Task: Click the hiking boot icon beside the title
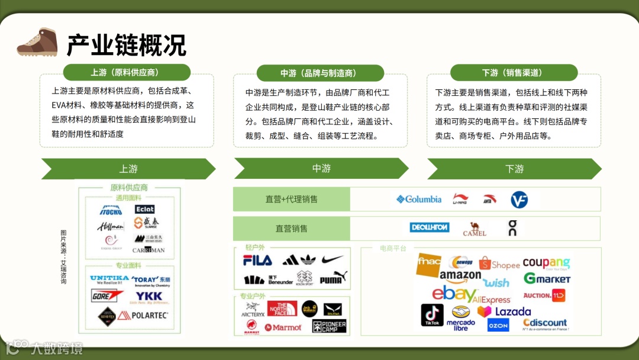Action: point(37,41)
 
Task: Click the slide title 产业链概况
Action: point(126,45)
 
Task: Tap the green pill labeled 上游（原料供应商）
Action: point(127,72)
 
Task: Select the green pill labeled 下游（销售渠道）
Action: point(514,73)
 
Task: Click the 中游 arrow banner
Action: point(321,169)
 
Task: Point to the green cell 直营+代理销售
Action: point(291,200)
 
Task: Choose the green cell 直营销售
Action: point(291,229)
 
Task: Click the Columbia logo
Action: point(419,200)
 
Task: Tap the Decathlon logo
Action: point(430,227)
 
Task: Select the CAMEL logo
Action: point(474,229)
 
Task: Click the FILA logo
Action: point(257,260)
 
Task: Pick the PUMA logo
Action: point(333,278)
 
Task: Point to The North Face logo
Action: point(282,308)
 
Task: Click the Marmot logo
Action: point(283,327)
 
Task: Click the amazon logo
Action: point(460,276)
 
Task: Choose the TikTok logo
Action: point(432,316)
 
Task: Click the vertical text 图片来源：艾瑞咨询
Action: point(63,256)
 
